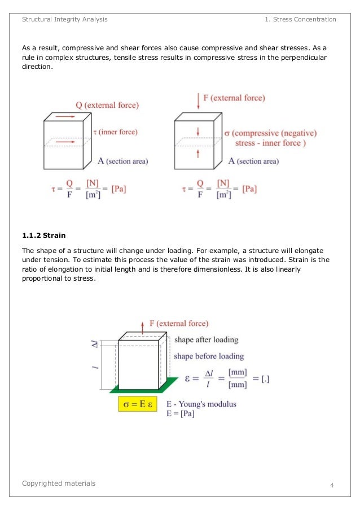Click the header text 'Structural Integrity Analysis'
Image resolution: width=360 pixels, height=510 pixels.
(x=64, y=19)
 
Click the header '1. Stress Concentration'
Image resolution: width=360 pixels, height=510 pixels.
(x=300, y=19)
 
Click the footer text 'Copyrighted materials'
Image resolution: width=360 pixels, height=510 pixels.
(x=59, y=483)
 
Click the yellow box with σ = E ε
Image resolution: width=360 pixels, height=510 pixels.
(x=137, y=404)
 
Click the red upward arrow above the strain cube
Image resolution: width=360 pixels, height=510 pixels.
(x=143, y=326)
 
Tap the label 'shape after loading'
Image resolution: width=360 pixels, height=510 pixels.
(x=206, y=340)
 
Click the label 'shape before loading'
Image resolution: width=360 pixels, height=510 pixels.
(x=208, y=356)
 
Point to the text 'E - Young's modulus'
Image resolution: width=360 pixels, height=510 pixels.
(x=201, y=404)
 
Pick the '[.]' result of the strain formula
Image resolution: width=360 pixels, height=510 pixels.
(x=265, y=380)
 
